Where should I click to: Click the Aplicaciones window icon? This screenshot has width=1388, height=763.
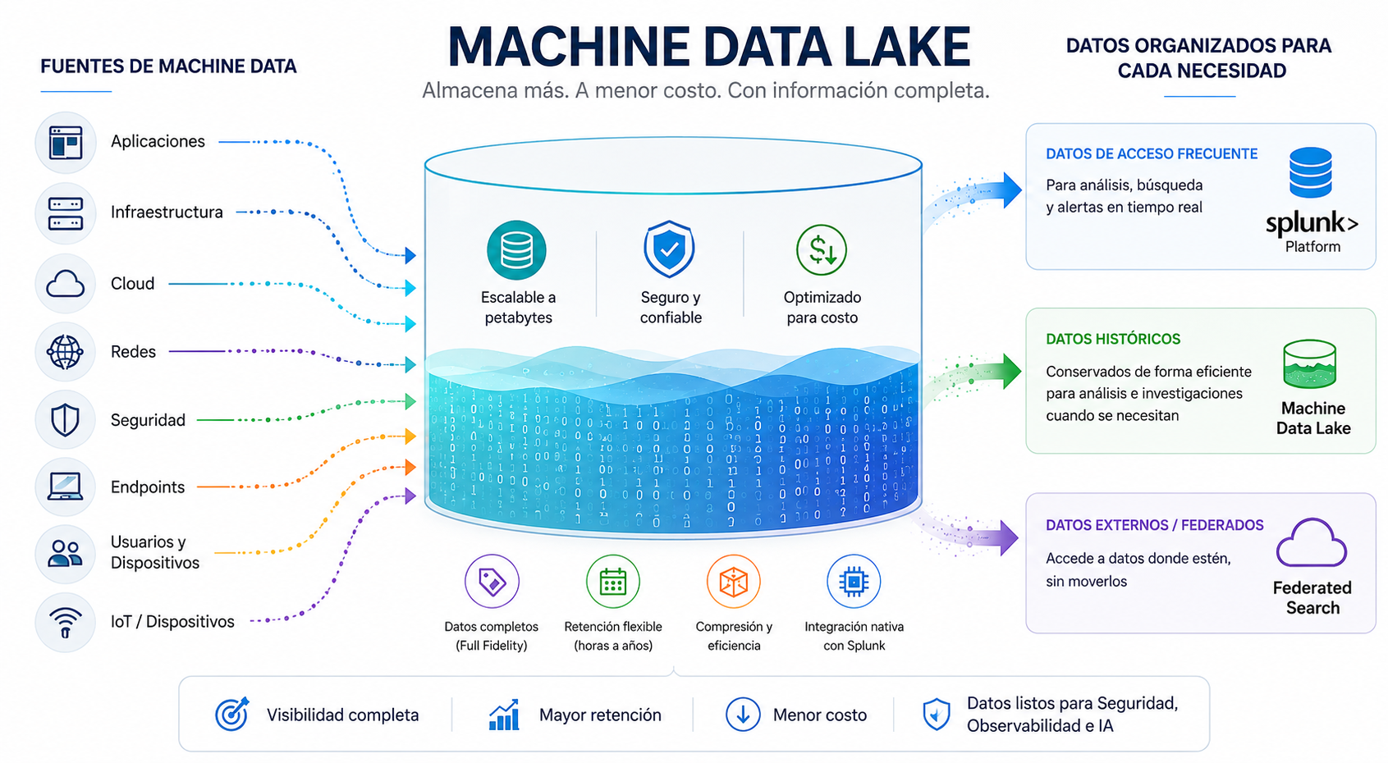(x=66, y=143)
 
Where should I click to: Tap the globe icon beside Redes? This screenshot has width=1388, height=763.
(x=65, y=352)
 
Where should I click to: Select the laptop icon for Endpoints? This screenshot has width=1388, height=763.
(x=65, y=487)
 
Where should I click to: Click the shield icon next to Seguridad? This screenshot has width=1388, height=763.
(x=65, y=421)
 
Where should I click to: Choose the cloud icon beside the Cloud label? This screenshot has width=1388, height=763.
(x=65, y=284)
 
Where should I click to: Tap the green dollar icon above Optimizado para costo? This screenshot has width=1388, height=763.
(x=822, y=249)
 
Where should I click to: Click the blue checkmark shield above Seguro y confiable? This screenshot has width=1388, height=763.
(x=669, y=249)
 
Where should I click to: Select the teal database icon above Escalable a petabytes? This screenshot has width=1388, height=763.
(x=516, y=250)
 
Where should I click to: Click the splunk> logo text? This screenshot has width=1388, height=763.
(x=1312, y=224)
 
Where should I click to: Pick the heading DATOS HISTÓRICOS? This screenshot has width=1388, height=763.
(x=1113, y=340)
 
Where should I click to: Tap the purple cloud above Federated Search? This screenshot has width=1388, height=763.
(x=1312, y=543)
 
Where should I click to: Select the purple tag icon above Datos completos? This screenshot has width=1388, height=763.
(x=492, y=582)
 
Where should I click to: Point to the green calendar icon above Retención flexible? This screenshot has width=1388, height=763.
(x=613, y=582)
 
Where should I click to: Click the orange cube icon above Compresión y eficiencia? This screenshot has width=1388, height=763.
(x=734, y=582)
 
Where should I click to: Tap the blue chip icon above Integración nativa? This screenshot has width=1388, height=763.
(x=854, y=582)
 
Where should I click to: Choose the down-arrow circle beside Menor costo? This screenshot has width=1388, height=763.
(x=743, y=714)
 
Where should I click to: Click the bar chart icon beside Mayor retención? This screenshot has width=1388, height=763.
(x=504, y=715)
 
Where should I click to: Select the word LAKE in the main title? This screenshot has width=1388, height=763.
(x=907, y=47)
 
